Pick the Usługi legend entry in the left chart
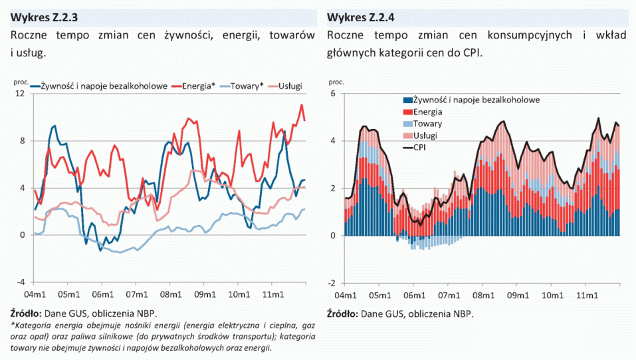pos(290,86)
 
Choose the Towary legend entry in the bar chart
pos(428,124)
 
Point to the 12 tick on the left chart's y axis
pos(21,94)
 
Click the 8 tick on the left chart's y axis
pos(23,141)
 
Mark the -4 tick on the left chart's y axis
pos(21,282)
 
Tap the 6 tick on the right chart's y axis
pos(333,94)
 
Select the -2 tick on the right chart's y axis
pos(331,282)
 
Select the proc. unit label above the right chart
pos(336,82)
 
